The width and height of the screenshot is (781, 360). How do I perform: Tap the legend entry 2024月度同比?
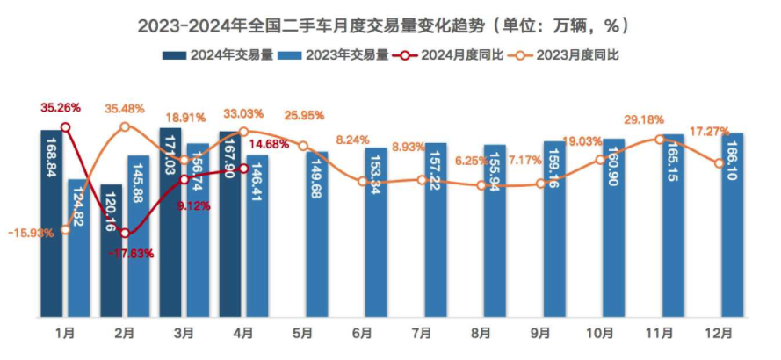pos(462,55)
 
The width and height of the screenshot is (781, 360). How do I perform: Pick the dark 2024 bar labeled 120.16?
pos(112,250)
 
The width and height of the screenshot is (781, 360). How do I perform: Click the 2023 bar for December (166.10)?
pos(734,225)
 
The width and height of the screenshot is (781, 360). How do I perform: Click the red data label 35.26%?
pos(61,107)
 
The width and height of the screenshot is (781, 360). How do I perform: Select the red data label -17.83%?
pos(132,254)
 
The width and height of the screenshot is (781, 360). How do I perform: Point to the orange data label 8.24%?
pos(353,139)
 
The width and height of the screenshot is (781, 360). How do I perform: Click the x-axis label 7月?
pos(422,334)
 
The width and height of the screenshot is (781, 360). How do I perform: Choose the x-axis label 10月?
pos(601,334)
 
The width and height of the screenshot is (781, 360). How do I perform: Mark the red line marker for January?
pos(65,128)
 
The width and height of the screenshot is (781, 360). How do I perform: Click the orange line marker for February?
pos(125,127)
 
